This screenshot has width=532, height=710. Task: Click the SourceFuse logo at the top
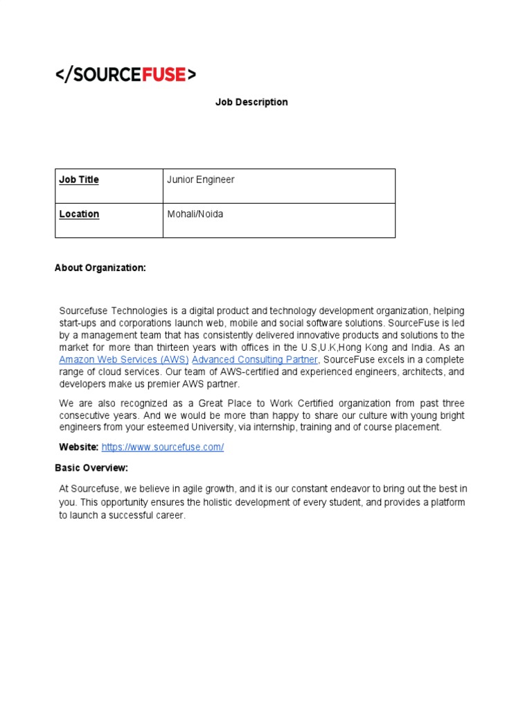pyautogui.click(x=125, y=75)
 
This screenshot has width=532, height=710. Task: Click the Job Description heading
pyautogui.click(x=251, y=102)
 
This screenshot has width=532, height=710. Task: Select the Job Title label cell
pyautogui.click(x=79, y=180)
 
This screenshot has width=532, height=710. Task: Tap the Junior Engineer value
pyautogui.click(x=200, y=180)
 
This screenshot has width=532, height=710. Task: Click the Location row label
pyautogui.click(x=79, y=214)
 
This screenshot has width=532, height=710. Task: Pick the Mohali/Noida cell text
pyautogui.click(x=195, y=214)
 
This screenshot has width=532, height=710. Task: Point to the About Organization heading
pyautogui.click(x=100, y=268)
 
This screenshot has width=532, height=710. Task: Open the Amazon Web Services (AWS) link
pyautogui.click(x=123, y=359)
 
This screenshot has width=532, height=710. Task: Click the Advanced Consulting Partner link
pyautogui.click(x=254, y=359)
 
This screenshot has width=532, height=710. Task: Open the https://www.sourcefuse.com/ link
pyautogui.click(x=162, y=447)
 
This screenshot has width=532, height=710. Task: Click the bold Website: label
pyautogui.click(x=78, y=447)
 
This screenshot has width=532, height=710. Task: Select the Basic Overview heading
pyautogui.click(x=91, y=468)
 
